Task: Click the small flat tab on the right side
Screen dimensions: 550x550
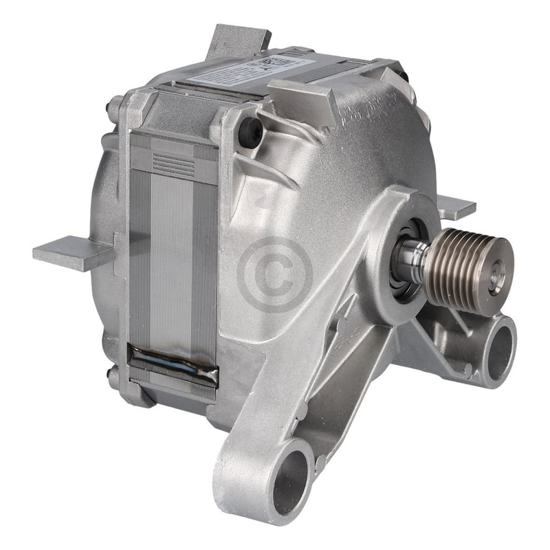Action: coord(456,207)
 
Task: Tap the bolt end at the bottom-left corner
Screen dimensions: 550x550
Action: coord(113,377)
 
